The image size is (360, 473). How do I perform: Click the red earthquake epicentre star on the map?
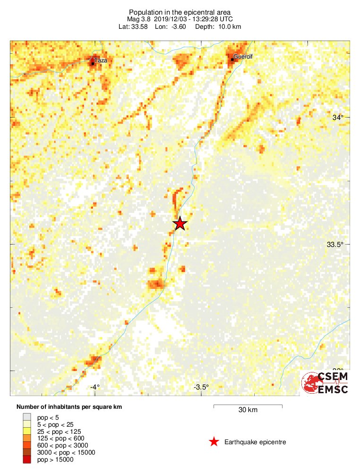coord(180,223)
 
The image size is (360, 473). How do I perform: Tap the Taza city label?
coord(101,60)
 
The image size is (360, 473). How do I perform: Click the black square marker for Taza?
coord(92,61)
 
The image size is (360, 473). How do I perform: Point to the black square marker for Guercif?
coord(232,59)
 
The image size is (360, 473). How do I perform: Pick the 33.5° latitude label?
coord(334,244)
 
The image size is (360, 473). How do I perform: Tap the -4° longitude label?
coord(95,387)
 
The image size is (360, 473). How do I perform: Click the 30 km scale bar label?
coord(248,410)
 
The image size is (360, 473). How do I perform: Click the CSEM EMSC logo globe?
coord(312,383)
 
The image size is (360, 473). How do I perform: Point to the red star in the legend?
coord(214,442)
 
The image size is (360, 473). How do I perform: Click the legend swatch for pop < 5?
coord(27,417)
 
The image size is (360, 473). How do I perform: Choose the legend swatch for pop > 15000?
coord(27,459)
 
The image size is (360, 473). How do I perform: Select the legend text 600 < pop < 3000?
coord(62,445)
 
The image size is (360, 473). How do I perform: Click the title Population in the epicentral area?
coord(180,12)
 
